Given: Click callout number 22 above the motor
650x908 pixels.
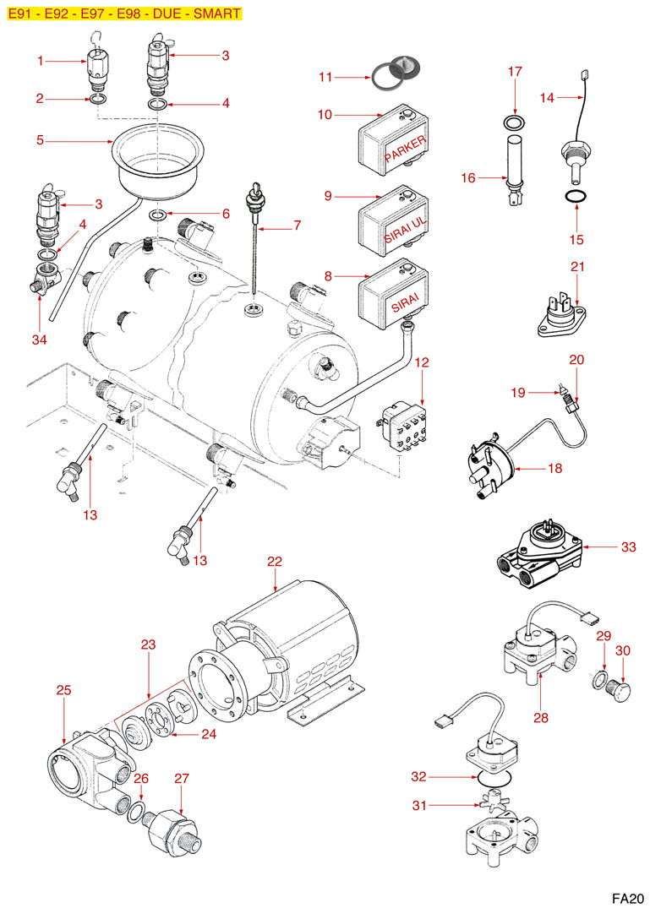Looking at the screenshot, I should tap(274, 562).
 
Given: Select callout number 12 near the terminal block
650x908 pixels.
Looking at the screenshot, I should tap(423, 362).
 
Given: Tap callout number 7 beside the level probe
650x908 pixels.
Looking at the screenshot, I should tap(298, 226).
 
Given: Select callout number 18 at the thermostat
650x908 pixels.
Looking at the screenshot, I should tap(554, 467).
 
